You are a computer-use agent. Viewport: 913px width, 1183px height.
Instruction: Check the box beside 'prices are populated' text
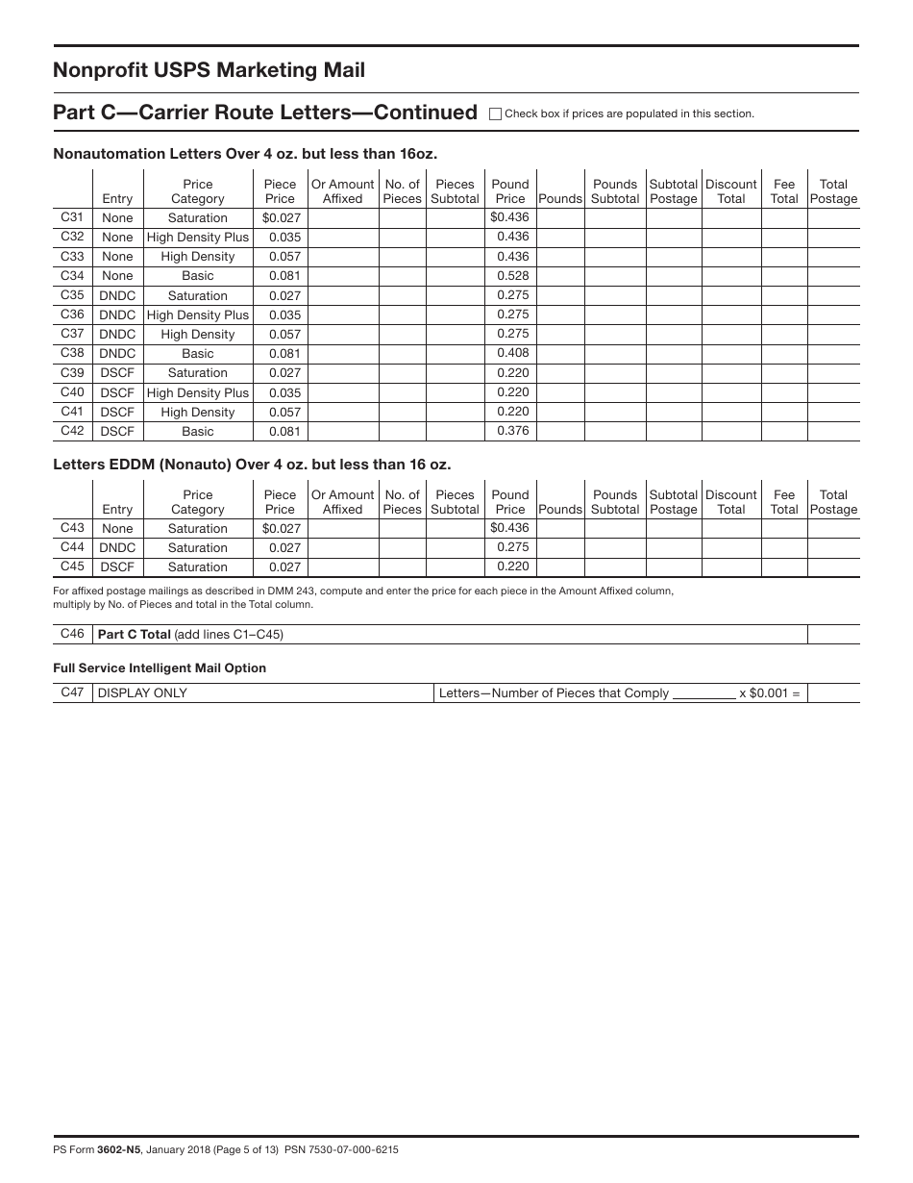point(496,113)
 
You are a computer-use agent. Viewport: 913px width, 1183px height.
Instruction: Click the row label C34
point(72,276)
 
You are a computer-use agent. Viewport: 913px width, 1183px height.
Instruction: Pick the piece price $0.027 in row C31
point(281,218)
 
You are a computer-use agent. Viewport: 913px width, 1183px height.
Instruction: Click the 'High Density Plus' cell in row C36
point(198,315)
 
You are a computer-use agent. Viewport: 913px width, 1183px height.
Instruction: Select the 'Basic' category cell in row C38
point(198,354)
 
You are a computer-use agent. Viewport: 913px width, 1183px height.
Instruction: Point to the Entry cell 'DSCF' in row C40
point(117,392)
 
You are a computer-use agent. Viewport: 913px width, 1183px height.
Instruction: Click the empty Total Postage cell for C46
point(833,635)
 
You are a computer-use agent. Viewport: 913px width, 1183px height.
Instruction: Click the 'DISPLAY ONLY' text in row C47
point(142,693)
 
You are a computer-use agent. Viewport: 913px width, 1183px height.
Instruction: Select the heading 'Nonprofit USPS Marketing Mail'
point(209,70)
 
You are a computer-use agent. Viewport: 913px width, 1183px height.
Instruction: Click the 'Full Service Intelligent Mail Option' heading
point(160,668)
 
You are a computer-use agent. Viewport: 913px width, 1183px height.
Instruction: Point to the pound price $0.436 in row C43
point(509,528)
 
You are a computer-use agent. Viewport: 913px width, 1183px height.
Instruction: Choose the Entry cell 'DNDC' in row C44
point(117,548)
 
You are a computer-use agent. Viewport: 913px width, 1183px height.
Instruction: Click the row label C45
point(72,566)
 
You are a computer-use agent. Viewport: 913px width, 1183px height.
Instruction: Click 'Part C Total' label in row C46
point(135,635)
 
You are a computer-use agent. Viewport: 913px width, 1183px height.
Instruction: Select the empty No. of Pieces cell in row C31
point(402,218)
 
